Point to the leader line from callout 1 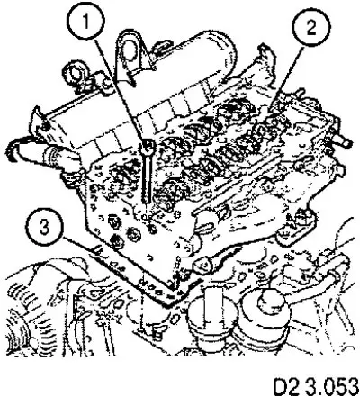[121, 89]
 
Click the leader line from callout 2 [284, 78]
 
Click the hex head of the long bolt [148, 147]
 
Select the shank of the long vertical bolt [147, 178]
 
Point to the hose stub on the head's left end [42, 154]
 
